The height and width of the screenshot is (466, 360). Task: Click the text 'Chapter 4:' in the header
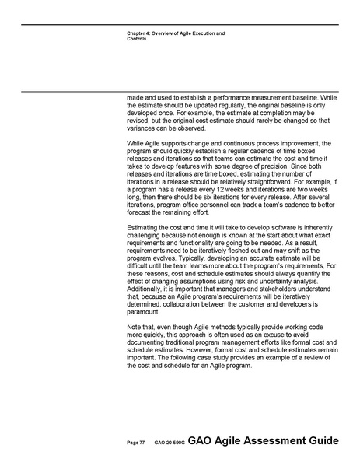tap(139, 33)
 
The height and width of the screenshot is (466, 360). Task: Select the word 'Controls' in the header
tap(137, 39)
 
